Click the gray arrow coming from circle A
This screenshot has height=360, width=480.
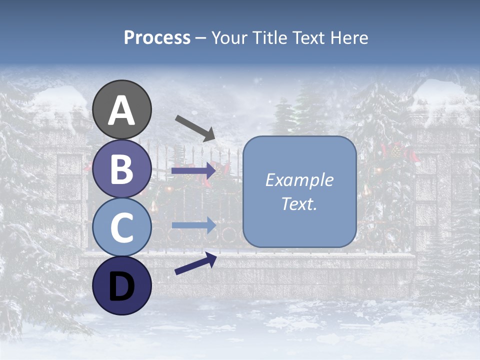195,127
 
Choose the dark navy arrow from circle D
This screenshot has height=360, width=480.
195,264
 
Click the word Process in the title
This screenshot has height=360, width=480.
157,37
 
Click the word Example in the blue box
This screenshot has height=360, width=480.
299,180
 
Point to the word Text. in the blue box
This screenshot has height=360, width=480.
299,204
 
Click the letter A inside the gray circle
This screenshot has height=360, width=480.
122,110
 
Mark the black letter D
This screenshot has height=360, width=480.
122,285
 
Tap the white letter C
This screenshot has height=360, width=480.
122,227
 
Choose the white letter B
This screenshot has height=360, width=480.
122,169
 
